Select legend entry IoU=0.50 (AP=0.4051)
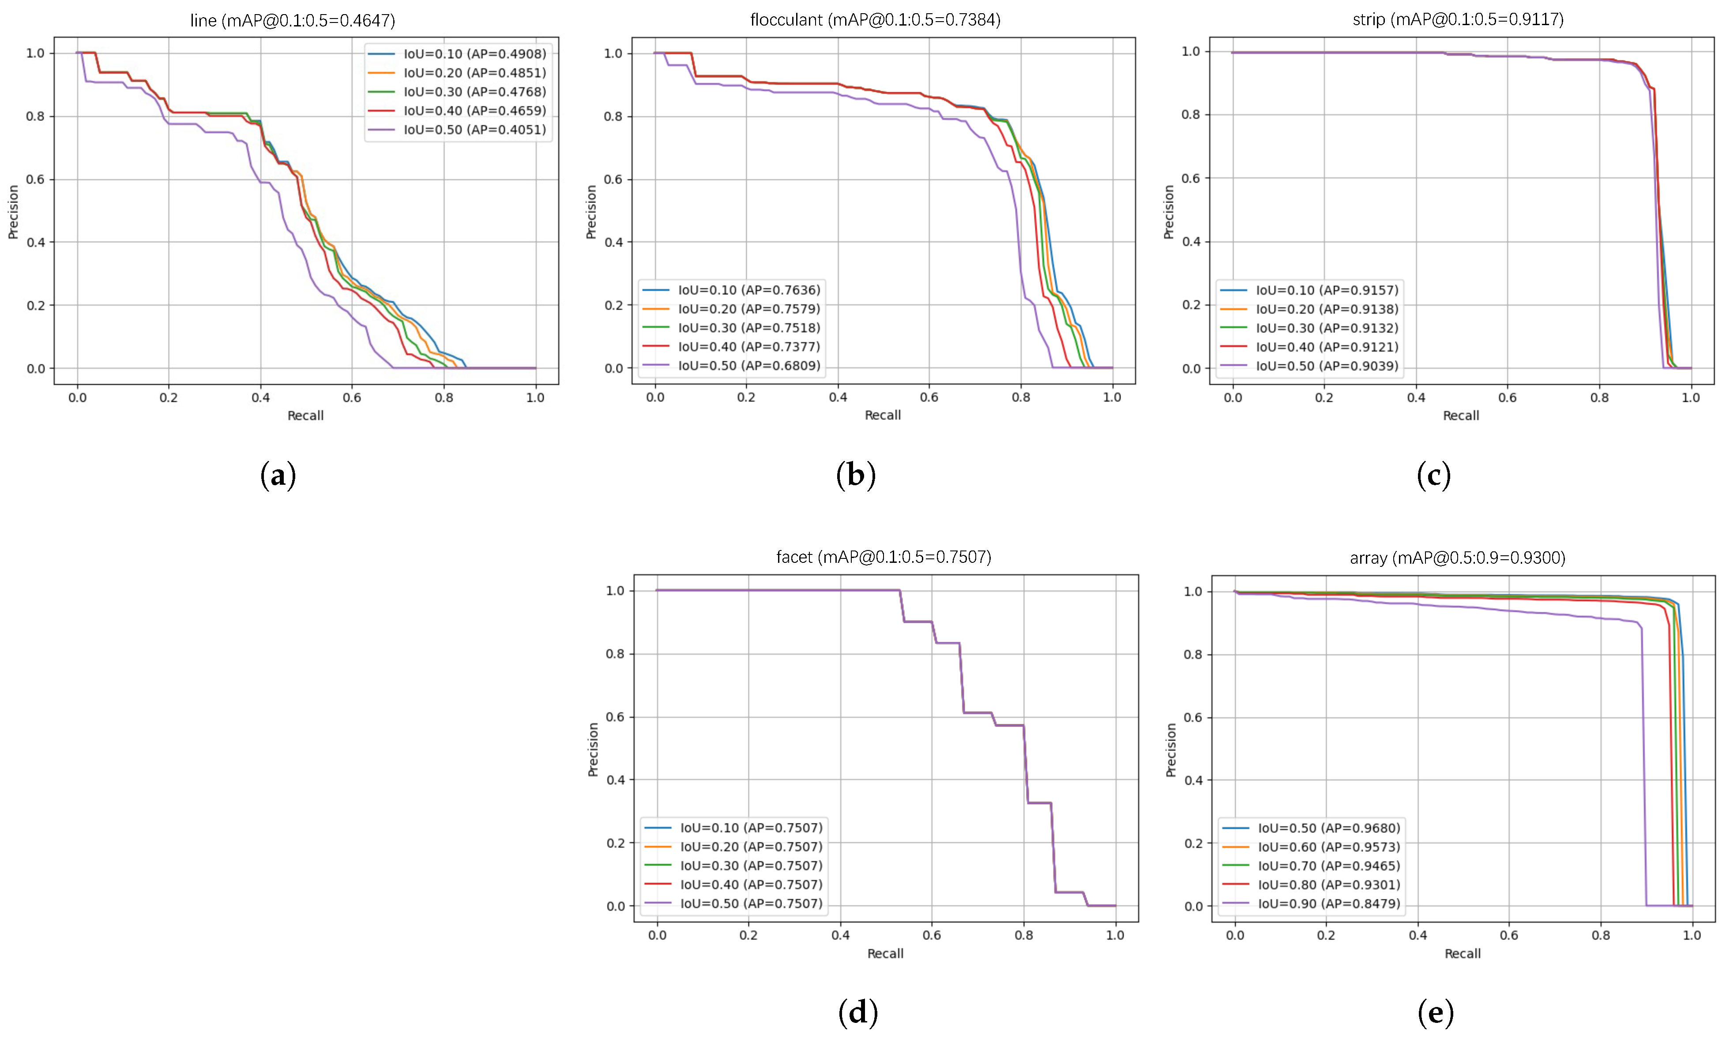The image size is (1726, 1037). pos(474,130)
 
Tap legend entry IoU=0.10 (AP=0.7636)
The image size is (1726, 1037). pos(749,290)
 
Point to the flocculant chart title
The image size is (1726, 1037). pos(875,19)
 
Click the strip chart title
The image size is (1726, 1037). pos(1458,19)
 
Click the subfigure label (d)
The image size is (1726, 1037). pos(857,1013)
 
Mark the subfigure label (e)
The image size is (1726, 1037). pos(1435,1013)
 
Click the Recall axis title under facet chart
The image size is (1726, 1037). pos(885,954)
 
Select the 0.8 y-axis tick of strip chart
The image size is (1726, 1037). pos(1191,115)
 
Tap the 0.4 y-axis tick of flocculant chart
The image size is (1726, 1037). pos(613,243)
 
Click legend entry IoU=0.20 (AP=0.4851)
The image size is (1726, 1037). pos(474,73)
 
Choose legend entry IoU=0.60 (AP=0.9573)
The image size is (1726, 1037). pos(1329,847)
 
